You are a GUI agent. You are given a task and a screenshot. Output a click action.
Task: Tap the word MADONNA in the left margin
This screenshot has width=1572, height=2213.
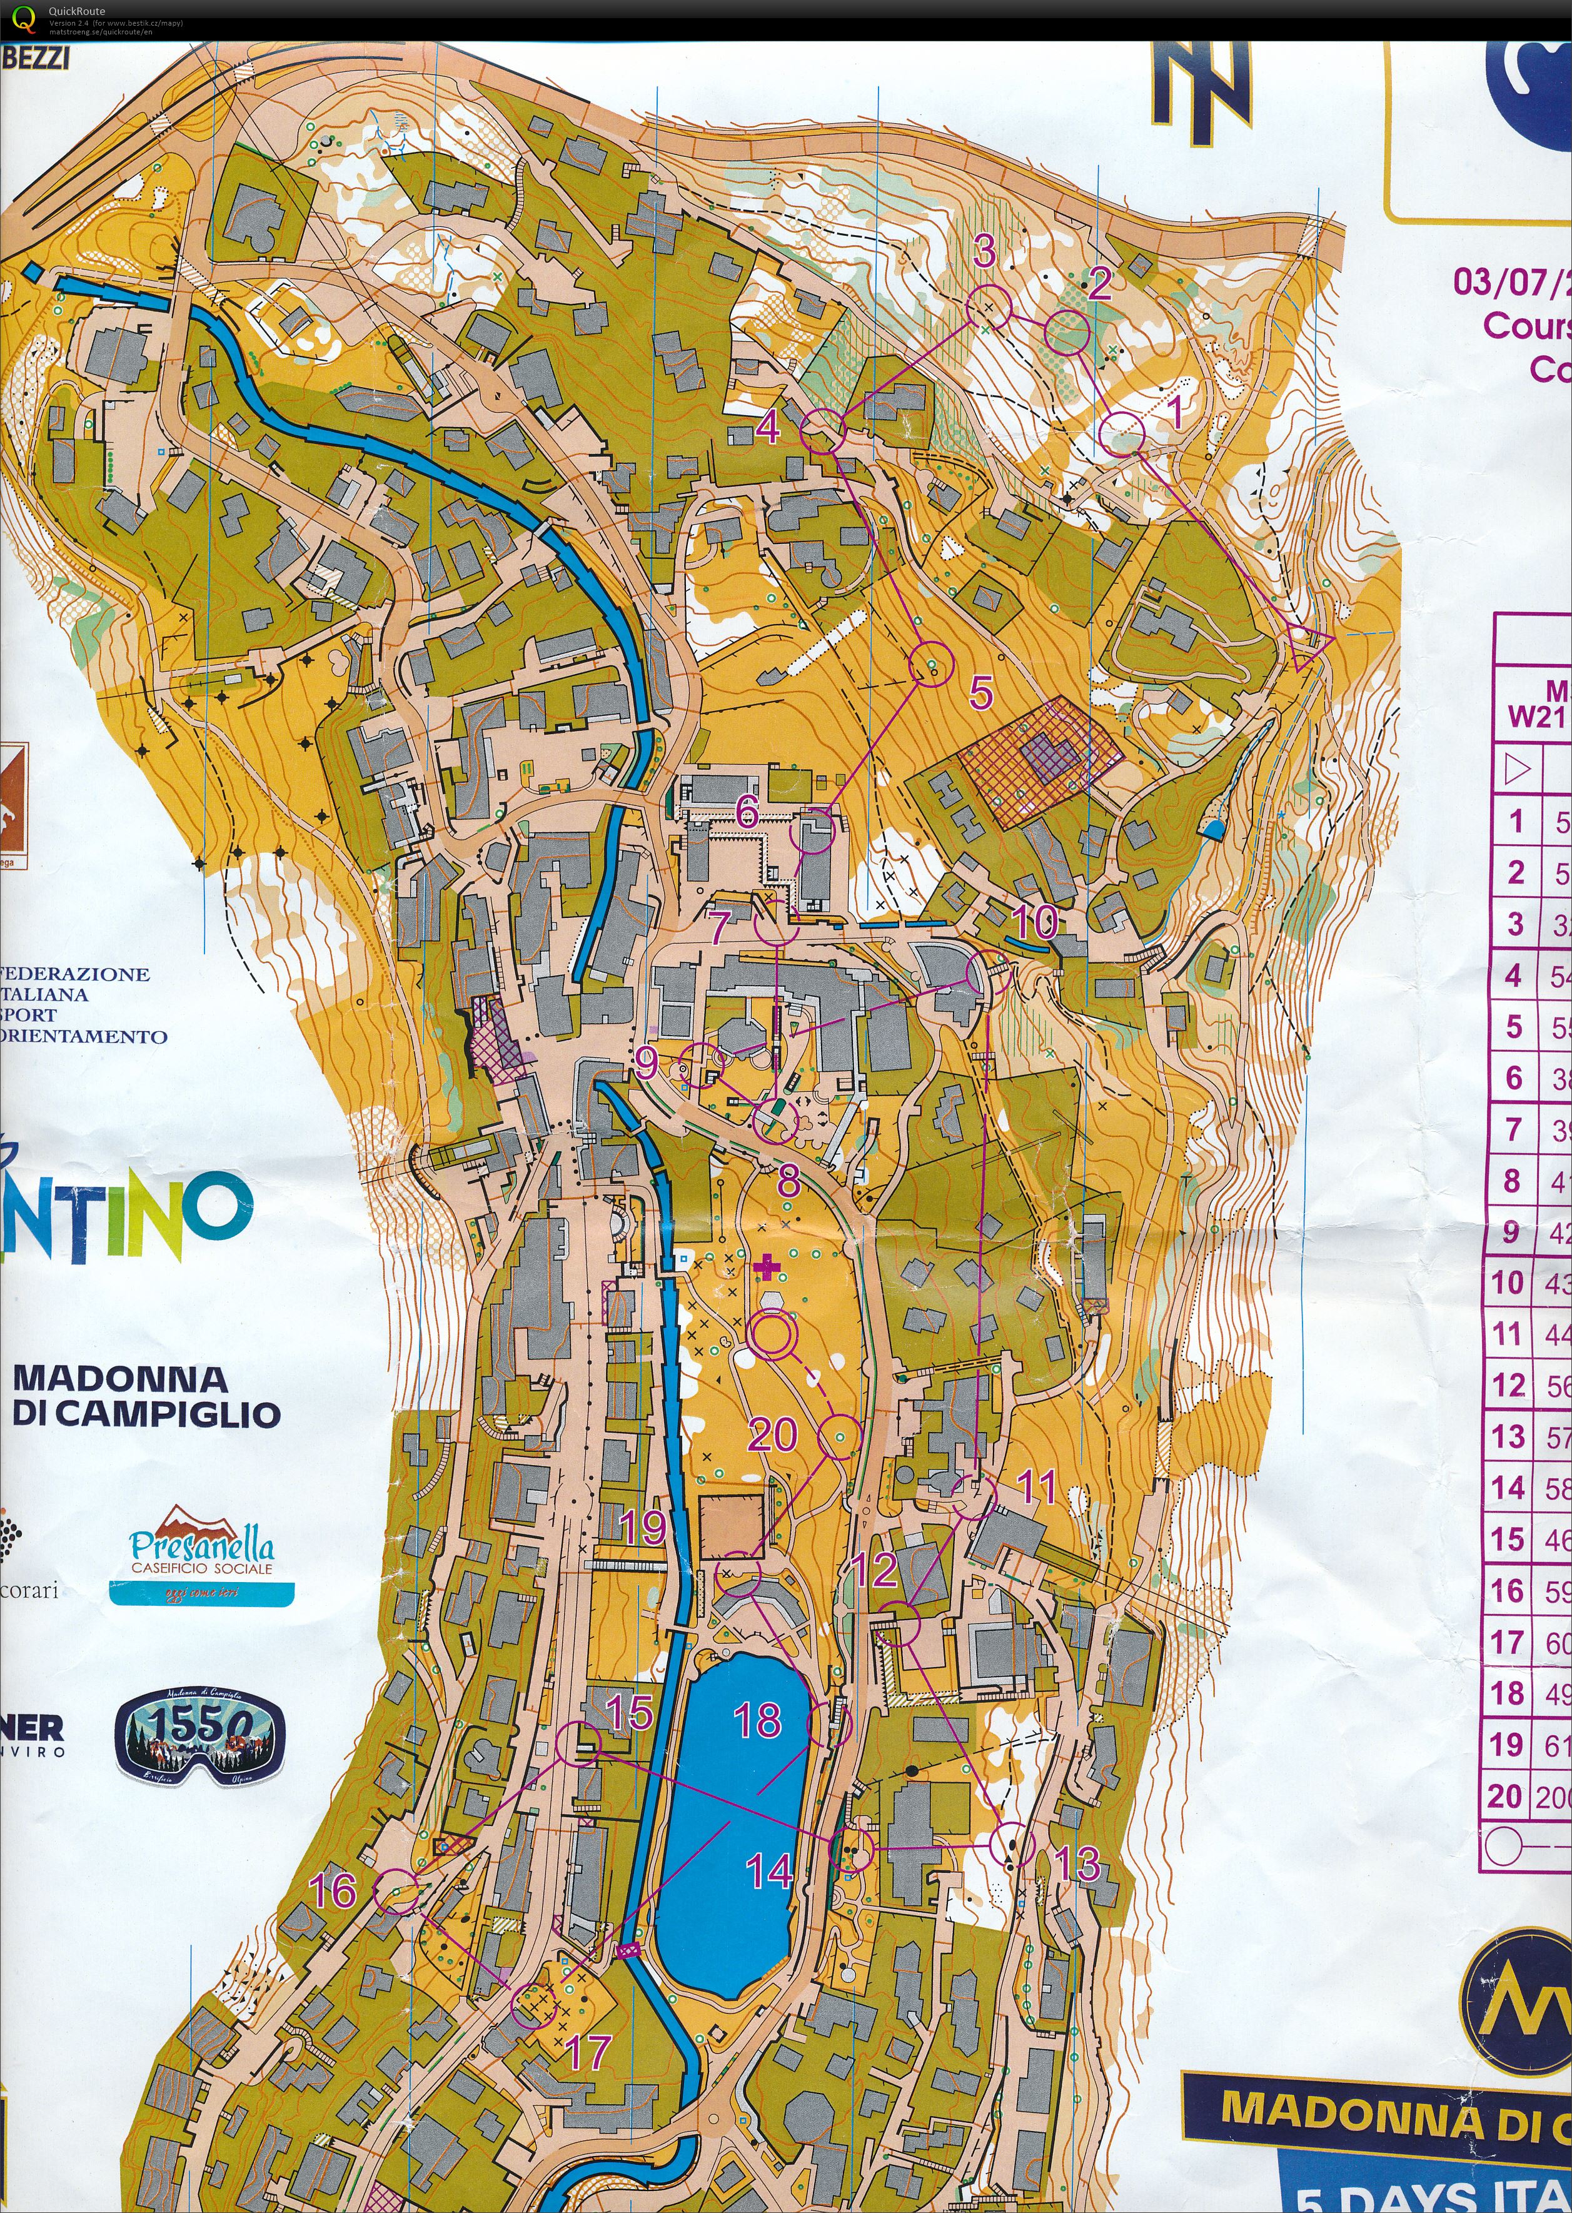pos(120,1378)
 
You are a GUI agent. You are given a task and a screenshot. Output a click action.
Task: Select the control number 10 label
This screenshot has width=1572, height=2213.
pos(1035,922)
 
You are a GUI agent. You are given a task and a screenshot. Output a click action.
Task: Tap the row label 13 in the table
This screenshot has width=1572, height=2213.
pos(1508,1436)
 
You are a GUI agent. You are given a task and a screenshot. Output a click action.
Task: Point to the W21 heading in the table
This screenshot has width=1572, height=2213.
pos(1536,717)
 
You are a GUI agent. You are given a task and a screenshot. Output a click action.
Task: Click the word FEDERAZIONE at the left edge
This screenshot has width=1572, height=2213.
pos(76,974)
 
